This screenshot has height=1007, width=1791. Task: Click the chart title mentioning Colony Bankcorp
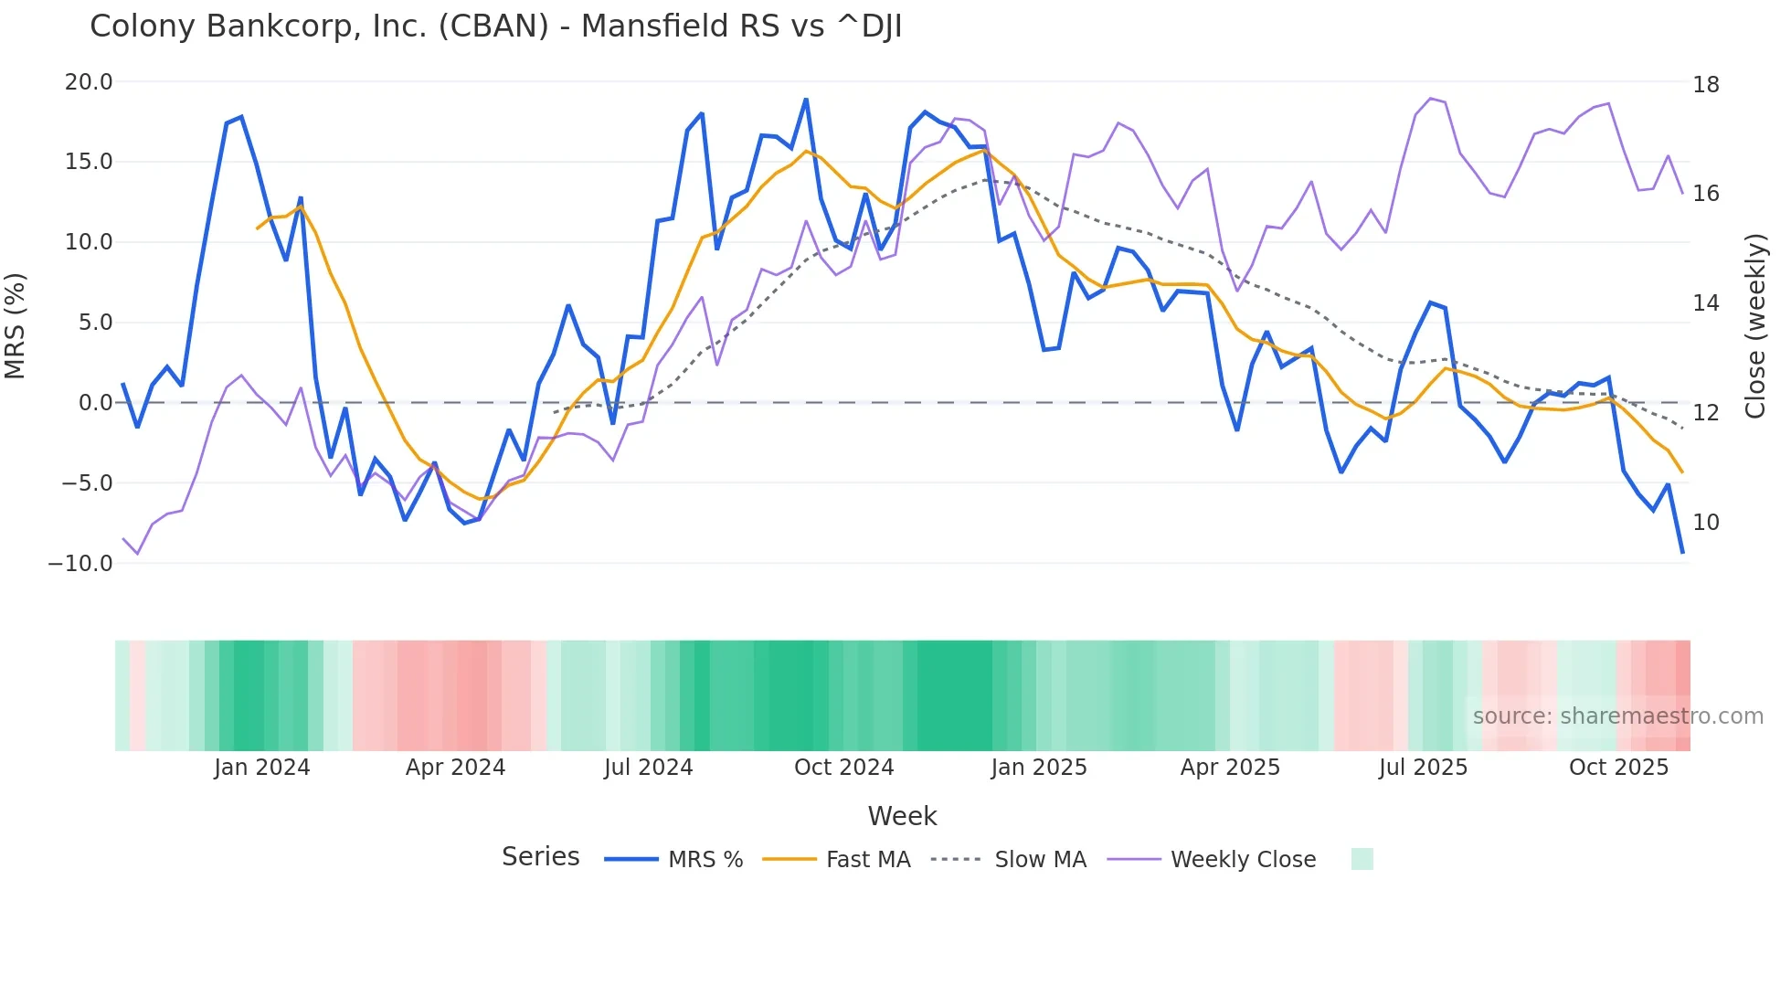[x=495, y=26]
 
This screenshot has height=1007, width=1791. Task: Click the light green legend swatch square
[x=1362, y=859]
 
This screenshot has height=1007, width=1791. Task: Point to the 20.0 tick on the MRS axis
[x=89, y=82]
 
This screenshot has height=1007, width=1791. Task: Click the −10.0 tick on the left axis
[x=80, y=564]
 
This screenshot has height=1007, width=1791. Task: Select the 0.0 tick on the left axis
[x=95, y=403]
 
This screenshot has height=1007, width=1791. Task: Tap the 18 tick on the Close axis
[x=1705, y=85]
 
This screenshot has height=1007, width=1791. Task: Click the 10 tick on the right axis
[x=1705, y=523]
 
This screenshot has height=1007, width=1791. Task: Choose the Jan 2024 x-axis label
[x=262, y=768]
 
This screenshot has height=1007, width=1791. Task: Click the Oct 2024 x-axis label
[x=843, y=768]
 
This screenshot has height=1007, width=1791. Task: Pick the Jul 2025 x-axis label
[x=1423, y=768]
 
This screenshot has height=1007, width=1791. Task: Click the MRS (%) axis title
[x=16, y=325]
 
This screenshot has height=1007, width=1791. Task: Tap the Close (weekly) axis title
[x=1754, y=326]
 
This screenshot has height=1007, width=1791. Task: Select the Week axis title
[x=902, y=816]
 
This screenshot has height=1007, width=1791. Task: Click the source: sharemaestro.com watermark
[x=1617, y=716]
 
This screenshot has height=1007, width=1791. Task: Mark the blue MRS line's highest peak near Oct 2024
[x=806, y=99]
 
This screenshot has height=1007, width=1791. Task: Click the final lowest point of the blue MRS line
[x=1682, y=553]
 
